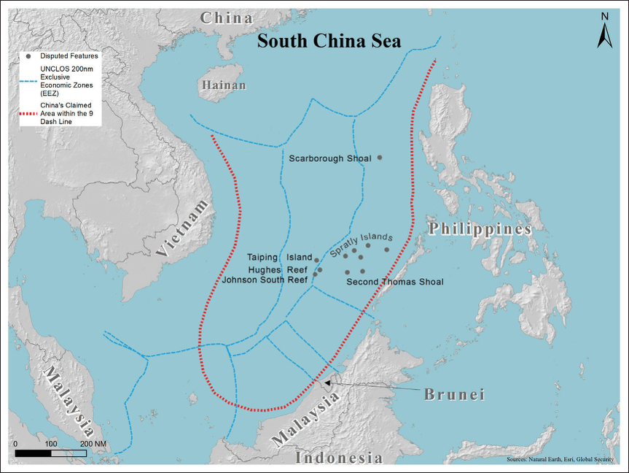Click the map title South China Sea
click(329, 41)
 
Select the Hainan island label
click(224, 86)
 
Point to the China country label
click(227, 18)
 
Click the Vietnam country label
click(187, 227)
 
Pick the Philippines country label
click(479, 228)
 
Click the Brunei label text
click(455, 394)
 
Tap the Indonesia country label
click(339, 458)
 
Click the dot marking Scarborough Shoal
click(379, 157)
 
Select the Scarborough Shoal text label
click(329, 158)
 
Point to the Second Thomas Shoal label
click(394, 282)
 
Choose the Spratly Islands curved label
click(362, 245)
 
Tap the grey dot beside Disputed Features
click(28, 56)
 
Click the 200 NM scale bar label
click(93, 444)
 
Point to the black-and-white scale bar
click(50, 453)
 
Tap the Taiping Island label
click(278, 258)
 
